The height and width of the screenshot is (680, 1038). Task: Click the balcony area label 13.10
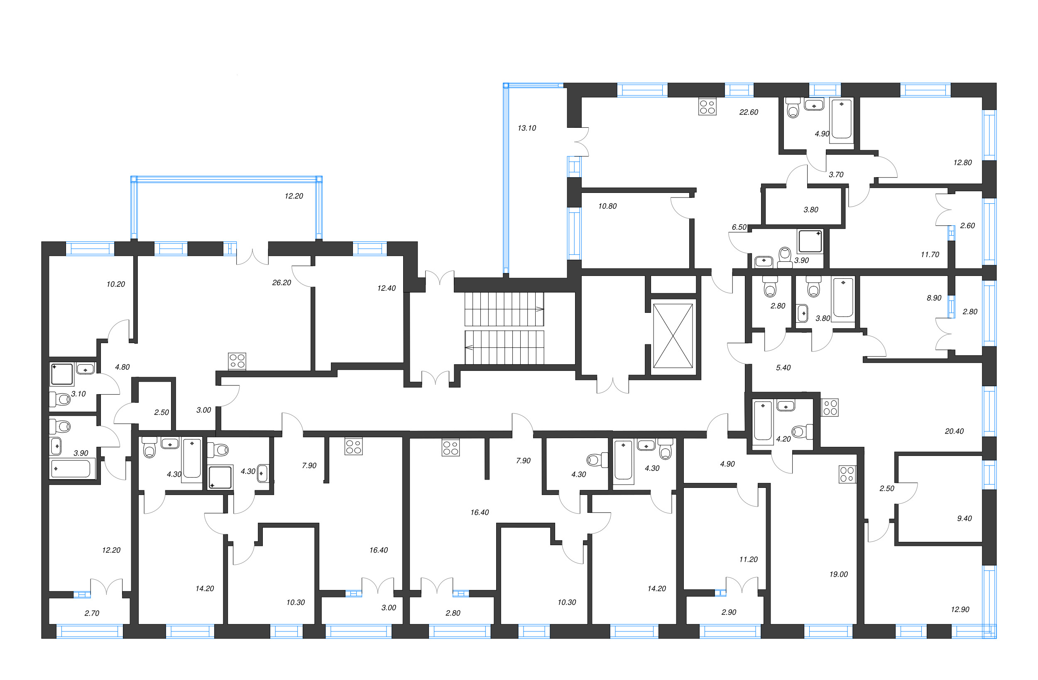(x=526, y=128)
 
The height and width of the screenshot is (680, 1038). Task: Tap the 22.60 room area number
(x=749, y=112)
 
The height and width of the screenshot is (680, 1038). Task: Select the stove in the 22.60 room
(x=707, y=107)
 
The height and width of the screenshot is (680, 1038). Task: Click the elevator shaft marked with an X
(x=673, y=336)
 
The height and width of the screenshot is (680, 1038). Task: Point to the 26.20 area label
(x=282, y=283)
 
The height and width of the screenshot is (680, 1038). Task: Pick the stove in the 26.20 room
(x=237, y=361)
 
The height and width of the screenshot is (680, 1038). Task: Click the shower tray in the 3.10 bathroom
(x=62, y=374)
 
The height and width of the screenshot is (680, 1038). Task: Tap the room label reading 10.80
(x=607, y=206)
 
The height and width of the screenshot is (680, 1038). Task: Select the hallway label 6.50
(x=739, y=227)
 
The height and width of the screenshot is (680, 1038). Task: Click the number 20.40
(x=954, y=431)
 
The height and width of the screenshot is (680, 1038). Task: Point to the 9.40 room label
(x=964, y=518)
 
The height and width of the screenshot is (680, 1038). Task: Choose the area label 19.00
(x=838, y=574)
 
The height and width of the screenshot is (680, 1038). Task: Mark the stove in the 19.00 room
(x=847, y=474)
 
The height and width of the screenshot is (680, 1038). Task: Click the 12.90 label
(x=960, y=609)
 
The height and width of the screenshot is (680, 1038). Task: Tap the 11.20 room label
(x=749, y=559)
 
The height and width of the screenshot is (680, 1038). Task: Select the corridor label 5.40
(x=783, y=368)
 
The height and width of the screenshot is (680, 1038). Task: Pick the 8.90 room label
(x=934, y=298)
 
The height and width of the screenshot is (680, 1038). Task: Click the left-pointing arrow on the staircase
(x=469, y=347)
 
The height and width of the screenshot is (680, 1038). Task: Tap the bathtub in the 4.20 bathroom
(x=763, y=420)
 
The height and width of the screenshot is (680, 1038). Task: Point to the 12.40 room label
(x=386, y=288)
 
